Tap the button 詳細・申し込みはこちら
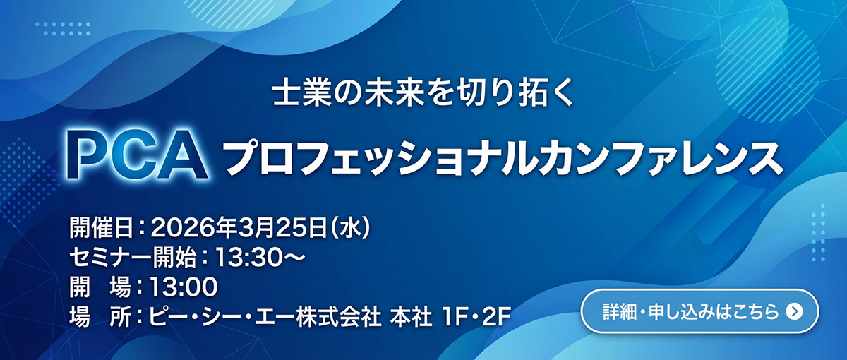pyautogui.click(x=699, y=311)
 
